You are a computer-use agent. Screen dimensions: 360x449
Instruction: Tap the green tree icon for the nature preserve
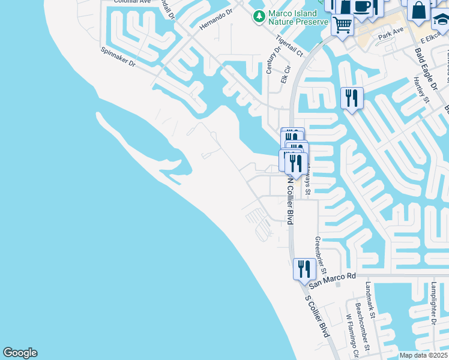pyautogui.click(x=259, y=17)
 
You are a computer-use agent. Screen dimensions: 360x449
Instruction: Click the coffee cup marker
pyautogui.click(x=362, y=7)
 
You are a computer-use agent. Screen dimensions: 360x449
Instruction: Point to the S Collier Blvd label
pyautogui.click(x=318, y=316)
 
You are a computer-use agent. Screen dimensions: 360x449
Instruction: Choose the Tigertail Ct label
pyautogui.click(x=289, y=46)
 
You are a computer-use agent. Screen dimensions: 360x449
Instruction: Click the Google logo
pyautogui.click(x=20, y=353)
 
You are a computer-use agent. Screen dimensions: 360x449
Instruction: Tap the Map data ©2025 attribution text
pyautogui.click(x=423, y=355)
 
